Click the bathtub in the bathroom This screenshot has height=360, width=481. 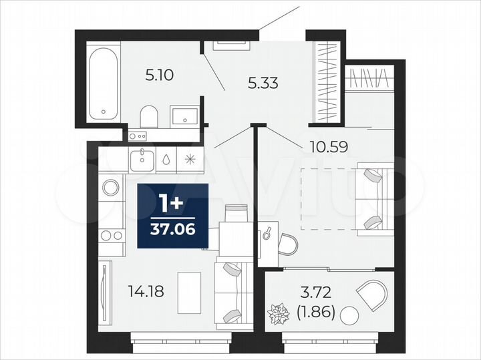[104, 81]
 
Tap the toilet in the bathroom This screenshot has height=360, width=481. [148, 116]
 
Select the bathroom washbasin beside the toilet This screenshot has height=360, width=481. [182, 116]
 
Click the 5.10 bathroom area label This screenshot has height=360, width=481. [160, 75]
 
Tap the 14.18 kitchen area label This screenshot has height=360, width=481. [146, 291]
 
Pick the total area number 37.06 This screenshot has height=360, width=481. [173, 231]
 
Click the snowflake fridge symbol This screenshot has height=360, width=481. [190, 159]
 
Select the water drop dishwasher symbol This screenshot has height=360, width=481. [166, 159]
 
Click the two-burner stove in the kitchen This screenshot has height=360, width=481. [111, 235]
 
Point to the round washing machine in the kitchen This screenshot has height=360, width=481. [110, 187]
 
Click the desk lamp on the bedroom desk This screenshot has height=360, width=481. [267, 233]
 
